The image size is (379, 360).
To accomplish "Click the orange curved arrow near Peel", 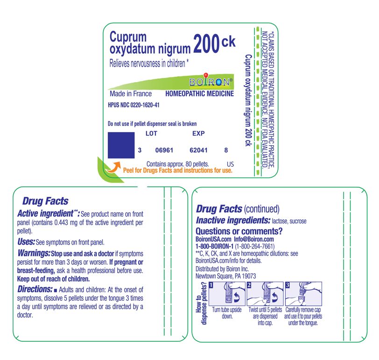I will tap(113, 168).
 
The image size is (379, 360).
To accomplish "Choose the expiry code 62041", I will tap(199, 150).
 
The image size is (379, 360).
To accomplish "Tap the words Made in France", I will tap(127, 94).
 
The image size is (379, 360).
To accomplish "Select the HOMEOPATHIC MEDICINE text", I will tap(199, 94).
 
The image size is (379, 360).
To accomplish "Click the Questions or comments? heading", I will tap(239, 231).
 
